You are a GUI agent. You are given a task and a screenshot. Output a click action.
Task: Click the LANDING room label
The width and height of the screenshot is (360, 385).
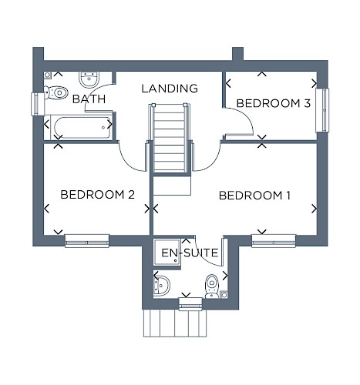pos(170,89)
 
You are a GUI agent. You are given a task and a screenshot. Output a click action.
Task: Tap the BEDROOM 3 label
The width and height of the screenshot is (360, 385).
pos(274,103)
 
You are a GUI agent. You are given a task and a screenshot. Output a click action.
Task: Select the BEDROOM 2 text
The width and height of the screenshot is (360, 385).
pos(98,195)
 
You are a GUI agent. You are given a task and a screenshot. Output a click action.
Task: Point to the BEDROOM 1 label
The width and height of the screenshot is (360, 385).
pos(254,196)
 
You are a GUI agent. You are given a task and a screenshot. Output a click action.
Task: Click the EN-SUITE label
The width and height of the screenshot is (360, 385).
pos(190,253)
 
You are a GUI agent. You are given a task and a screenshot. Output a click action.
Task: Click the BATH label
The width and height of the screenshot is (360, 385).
pos(89,99)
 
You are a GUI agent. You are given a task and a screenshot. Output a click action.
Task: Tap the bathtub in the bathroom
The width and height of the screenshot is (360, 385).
pos(82,128)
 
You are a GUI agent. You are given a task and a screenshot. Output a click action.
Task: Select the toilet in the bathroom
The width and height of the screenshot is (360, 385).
pos(56,92)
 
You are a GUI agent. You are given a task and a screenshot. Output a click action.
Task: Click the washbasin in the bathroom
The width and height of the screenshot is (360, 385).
pos(89,79)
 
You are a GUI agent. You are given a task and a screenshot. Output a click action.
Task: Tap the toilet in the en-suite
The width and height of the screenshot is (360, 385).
pos(212,286)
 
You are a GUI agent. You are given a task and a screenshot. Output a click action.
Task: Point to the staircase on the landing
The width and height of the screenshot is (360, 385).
pos(170,139)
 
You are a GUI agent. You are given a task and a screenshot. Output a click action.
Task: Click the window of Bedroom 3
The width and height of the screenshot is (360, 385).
pos(322,110)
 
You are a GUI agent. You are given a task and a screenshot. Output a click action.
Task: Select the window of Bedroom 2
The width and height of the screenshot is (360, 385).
pos(87,241)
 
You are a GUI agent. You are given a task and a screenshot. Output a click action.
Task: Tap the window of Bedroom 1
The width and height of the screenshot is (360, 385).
pos(274,241)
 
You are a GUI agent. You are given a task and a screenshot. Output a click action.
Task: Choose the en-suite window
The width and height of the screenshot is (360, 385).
pos(190,304)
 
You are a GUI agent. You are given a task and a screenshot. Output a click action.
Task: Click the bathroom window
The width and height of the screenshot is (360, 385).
pos(38,104)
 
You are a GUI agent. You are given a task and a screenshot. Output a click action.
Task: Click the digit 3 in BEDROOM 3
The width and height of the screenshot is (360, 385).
pos(307,103)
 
